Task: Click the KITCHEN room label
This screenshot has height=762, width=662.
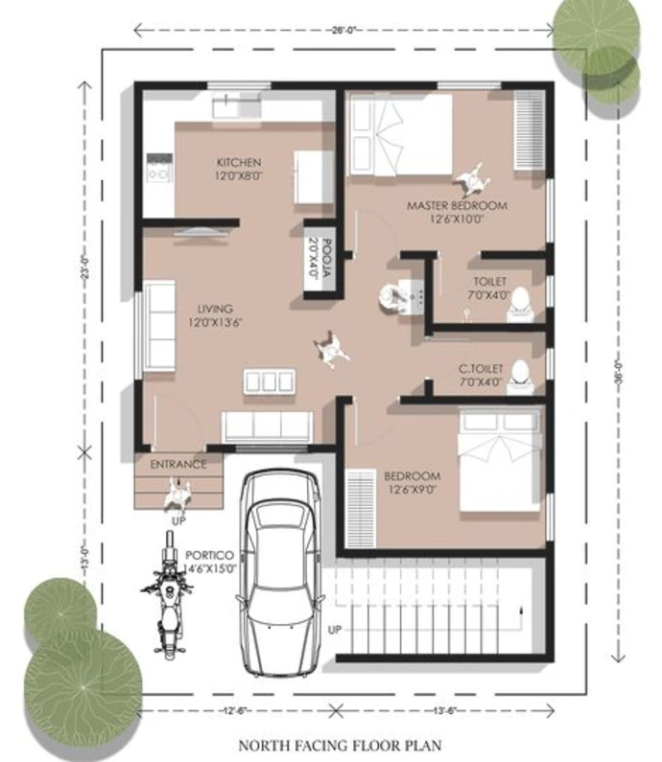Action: point(238,162)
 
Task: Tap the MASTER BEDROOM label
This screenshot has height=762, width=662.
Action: point(457,205)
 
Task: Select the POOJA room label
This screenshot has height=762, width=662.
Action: point(328,258)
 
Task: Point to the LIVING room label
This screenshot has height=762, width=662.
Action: point(215,309)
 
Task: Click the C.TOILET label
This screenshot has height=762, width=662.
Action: point(481,369)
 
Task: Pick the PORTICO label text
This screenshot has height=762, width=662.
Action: point(210,555)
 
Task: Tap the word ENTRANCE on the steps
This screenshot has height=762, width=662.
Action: point(178,465)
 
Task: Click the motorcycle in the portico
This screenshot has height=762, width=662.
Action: point(168,595)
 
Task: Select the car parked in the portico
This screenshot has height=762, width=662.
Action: point(279,572)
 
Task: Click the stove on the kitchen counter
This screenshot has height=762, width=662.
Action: point(159,168)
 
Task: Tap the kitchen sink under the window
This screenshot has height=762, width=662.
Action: point(237,106)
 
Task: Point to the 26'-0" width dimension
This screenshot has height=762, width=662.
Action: point(343,30)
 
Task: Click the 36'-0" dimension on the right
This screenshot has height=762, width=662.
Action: point(619,372)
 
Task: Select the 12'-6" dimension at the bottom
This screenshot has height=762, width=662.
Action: point(237,710)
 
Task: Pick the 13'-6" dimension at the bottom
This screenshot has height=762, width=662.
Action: point(444,710)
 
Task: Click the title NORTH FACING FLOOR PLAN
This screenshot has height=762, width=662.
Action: point(340,745)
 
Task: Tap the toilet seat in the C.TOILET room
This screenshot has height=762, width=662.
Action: point(519,377)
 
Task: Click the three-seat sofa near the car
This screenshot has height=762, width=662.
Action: point(267,427)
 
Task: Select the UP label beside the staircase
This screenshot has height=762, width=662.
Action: point(334,630)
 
